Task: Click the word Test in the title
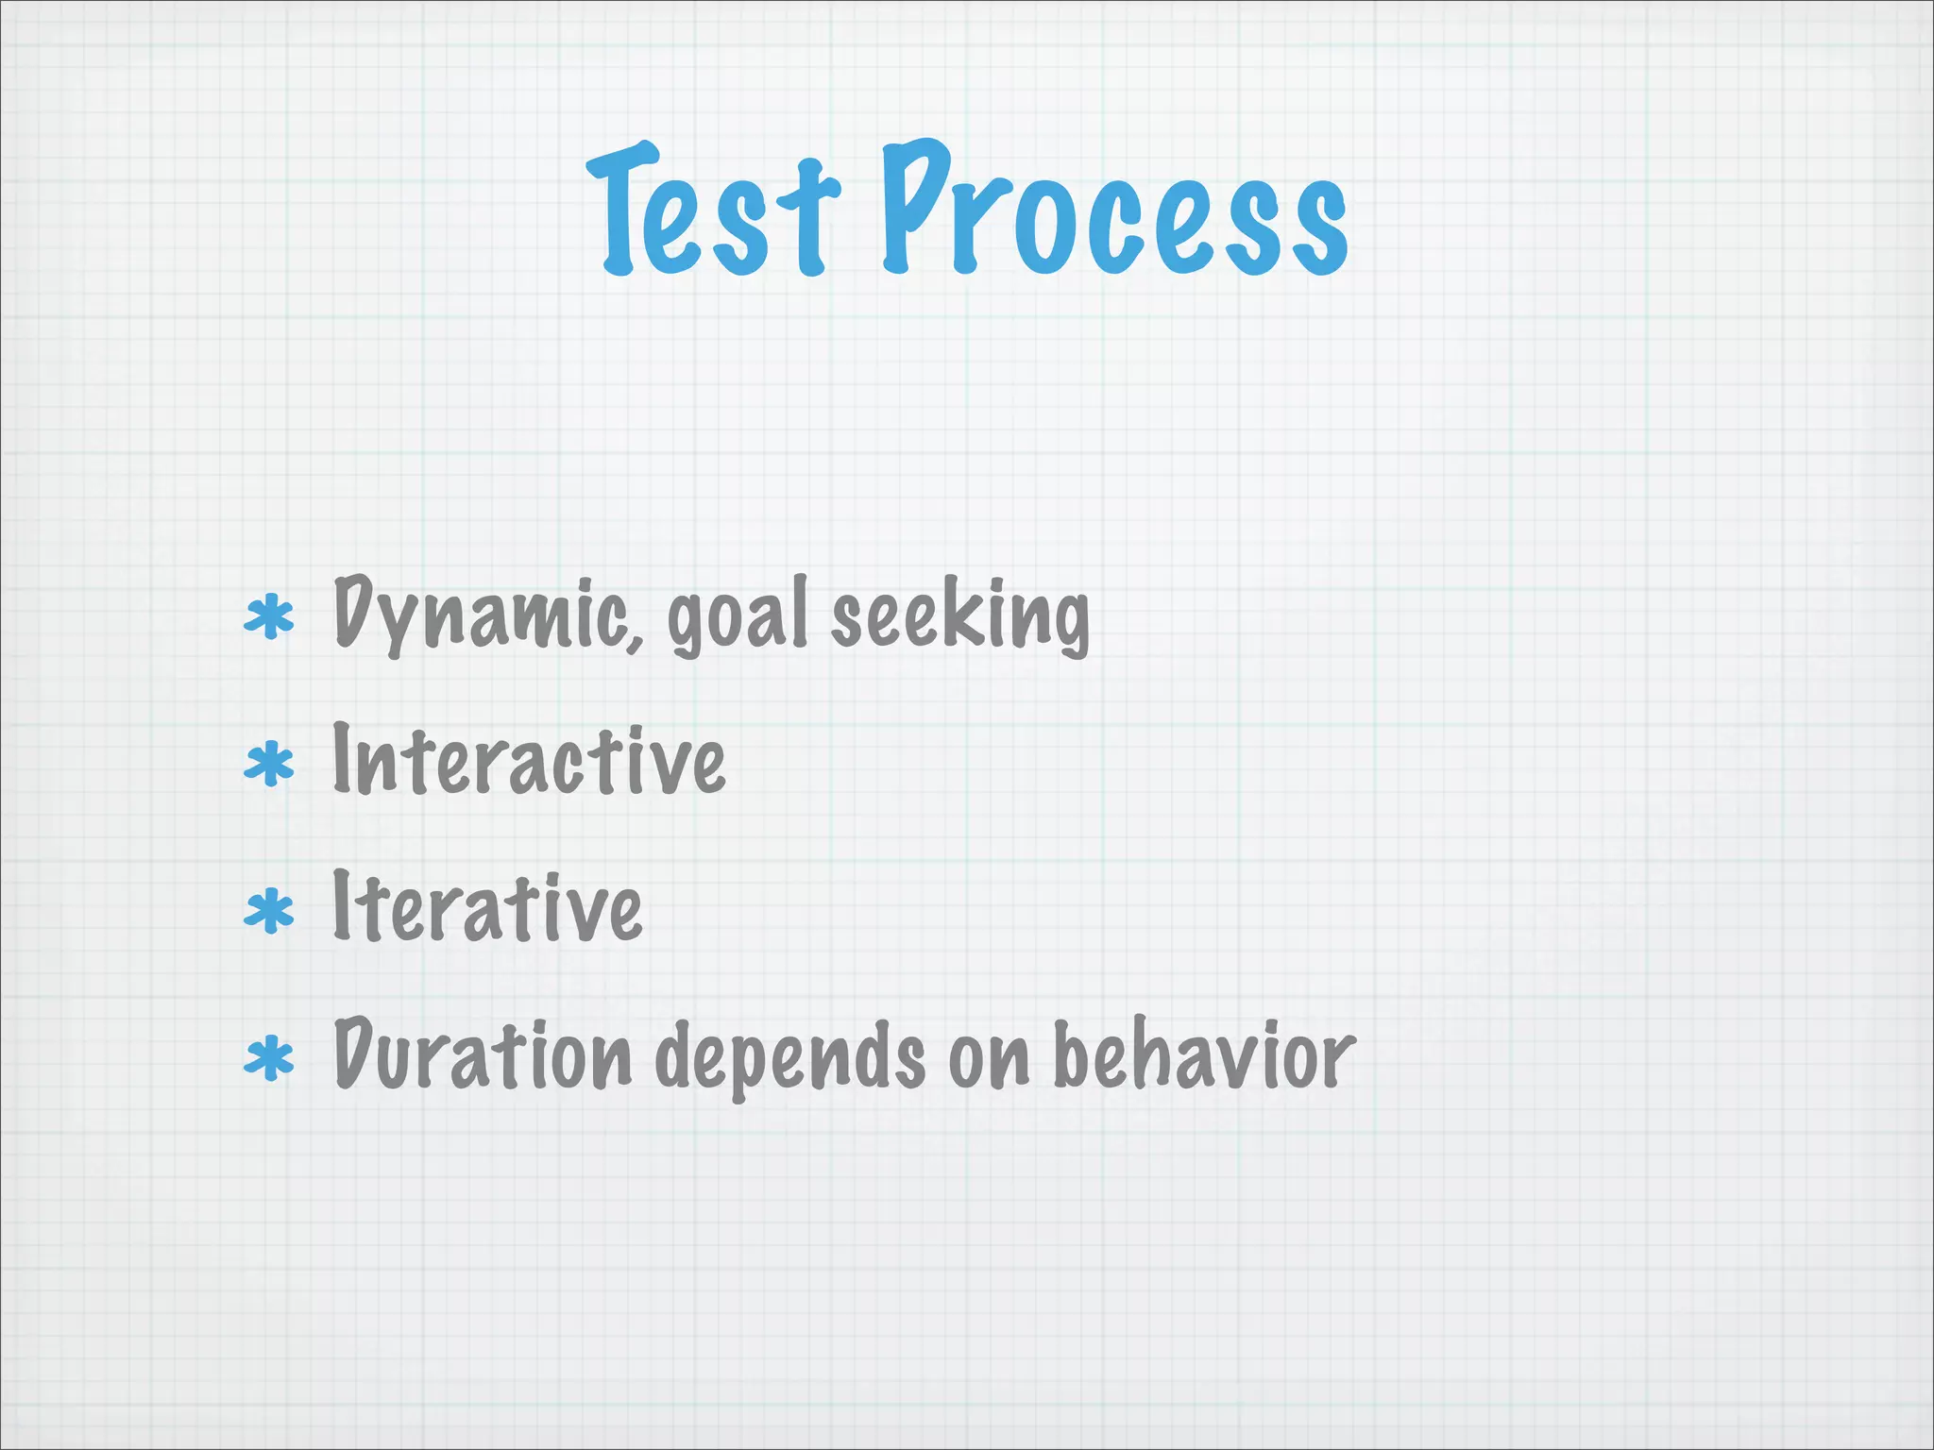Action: [713, 212]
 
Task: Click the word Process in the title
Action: [1114, 210]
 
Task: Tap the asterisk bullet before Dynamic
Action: [269, 618]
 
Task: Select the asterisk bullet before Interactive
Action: [269, 765]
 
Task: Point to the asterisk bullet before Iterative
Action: [269, 911]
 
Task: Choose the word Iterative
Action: [487, 908]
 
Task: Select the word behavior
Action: [1203, 1055]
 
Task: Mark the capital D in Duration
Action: [356, 1054]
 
